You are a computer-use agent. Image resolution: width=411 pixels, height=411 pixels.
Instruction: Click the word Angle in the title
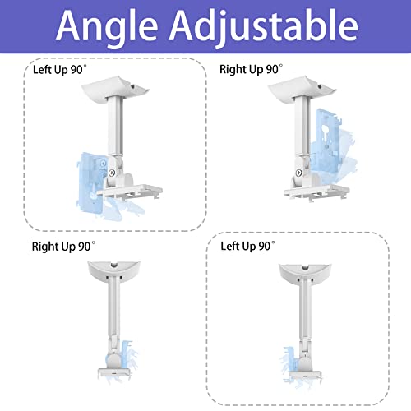pos(108,27)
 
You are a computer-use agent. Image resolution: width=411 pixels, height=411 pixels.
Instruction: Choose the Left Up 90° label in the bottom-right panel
pos(251,246)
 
